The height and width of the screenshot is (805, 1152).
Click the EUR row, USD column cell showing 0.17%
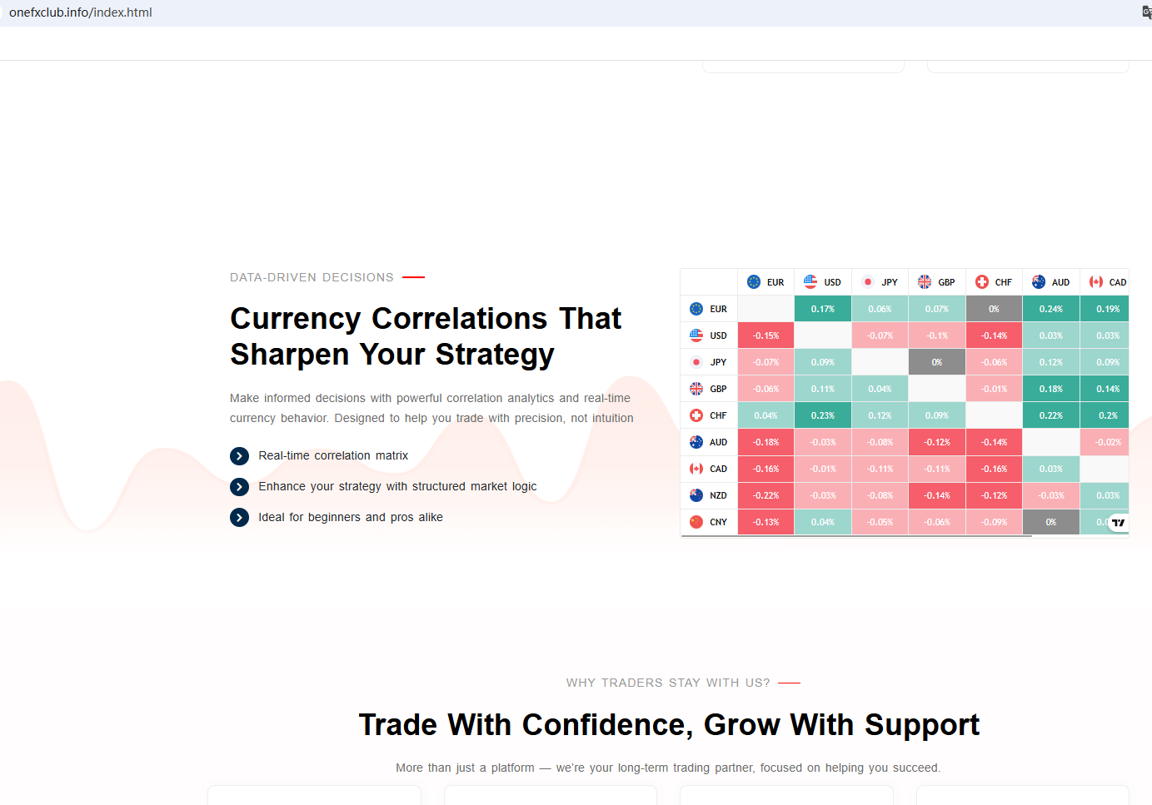click(x=823, y=309)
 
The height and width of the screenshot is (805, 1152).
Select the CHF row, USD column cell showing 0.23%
click(x=823, y=415)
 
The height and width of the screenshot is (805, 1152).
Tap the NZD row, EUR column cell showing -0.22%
click(x=766, y=495)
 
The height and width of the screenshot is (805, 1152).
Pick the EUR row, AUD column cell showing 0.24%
click(x=1050, y=309)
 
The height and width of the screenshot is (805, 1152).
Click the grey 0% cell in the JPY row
click(x=937, y=362)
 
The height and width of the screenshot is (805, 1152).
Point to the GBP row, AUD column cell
click(x=1050, y=389)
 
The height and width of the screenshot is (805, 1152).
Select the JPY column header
click(x=880, y=282)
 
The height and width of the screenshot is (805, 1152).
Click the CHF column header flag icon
click(x=982, y=281)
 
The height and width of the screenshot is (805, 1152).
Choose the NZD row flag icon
click(x=696, y=495)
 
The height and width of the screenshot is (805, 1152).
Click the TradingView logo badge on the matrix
click(x=1118, y=523)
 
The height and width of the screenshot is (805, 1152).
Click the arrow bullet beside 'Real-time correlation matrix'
click(x=239, y=456)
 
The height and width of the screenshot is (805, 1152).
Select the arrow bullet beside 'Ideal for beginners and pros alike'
click(x=239, y=518)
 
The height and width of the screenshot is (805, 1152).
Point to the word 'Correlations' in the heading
click(x=459, y=319)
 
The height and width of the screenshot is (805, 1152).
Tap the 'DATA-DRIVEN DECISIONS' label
click(x=312, y=277)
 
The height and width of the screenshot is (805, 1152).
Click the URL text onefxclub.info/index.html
click(x=81, y=12)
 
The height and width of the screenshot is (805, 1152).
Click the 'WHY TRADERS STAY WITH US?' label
click(x=668, y=683)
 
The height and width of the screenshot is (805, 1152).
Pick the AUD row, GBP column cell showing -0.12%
click(x=937, y=442)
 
